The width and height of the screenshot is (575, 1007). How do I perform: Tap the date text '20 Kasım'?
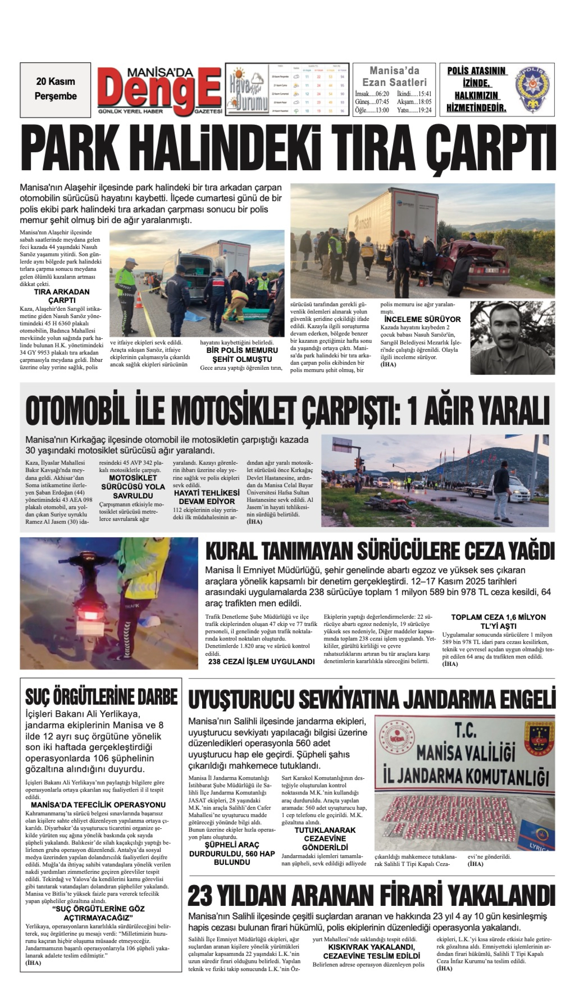click(x=55, y=81)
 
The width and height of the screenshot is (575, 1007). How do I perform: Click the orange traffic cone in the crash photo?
click(x=139, y=300)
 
